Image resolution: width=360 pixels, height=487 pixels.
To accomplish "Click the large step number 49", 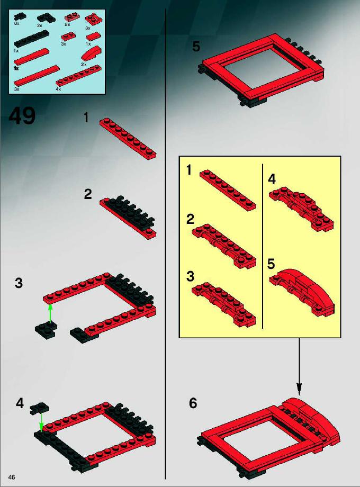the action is (22, 116).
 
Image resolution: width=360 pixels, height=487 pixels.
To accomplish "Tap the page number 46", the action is (12, 477).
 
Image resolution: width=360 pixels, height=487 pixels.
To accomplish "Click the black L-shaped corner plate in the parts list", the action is (46, 19).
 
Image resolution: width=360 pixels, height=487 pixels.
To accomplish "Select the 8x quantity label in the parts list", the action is (17, 23).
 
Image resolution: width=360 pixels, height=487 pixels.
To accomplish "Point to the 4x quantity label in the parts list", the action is (58, 89).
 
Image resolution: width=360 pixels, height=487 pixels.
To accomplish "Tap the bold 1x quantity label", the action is (16, 68).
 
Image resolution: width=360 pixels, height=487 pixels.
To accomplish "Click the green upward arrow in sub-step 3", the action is (50, 314).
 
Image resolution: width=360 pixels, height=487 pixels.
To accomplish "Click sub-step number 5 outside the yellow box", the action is (196, 47).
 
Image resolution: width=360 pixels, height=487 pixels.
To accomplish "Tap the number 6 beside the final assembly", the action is (193, 403).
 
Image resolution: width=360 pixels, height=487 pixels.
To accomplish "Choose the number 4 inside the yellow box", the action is (272, 179).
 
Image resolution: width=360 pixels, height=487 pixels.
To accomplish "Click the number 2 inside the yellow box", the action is (191, 219).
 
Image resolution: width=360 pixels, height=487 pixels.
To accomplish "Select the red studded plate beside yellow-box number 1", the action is (228, 190).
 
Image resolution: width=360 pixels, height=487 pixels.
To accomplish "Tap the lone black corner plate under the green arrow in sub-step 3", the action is (46, 330).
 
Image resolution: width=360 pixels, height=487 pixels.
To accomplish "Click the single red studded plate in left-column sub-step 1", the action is (128, 139).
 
